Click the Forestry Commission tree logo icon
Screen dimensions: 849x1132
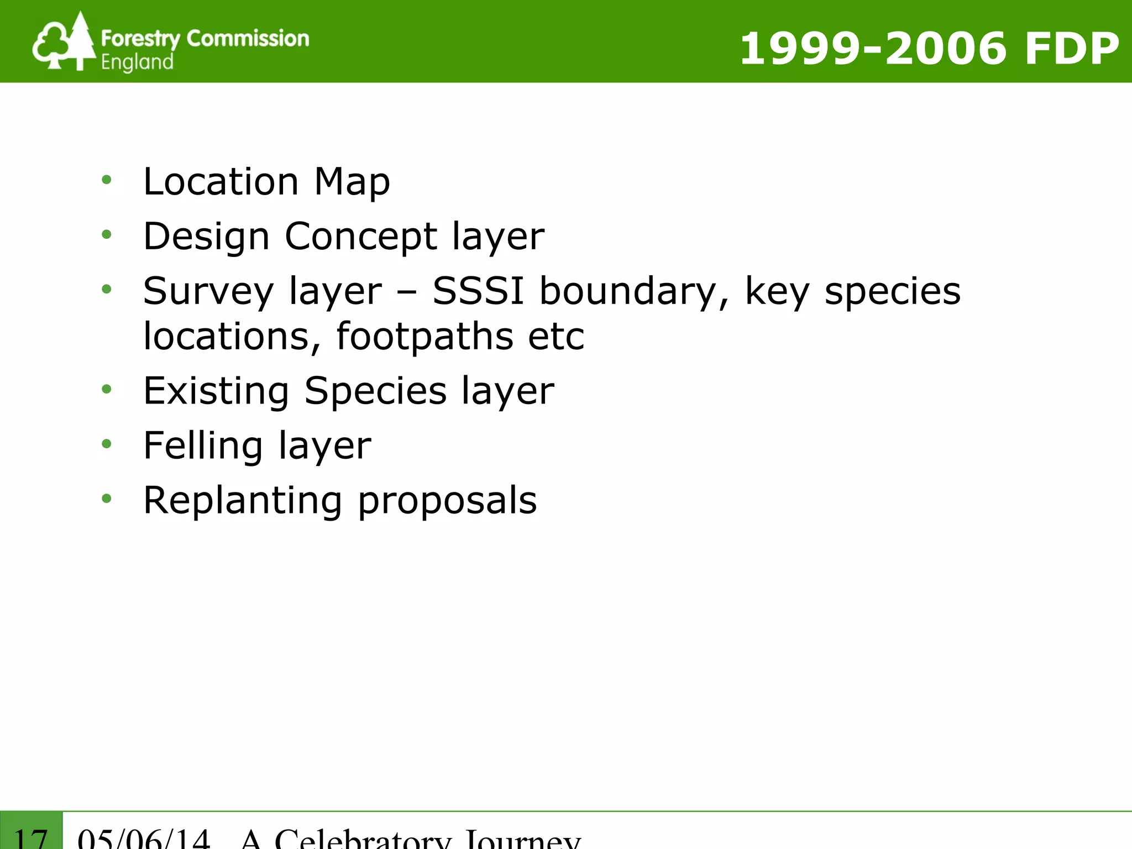63,42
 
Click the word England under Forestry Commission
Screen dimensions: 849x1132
137,62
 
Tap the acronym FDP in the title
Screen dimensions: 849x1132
1072,49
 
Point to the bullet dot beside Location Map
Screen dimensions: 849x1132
107,180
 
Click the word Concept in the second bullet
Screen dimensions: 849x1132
361,236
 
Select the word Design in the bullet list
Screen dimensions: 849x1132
206,237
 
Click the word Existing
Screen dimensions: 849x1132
216,391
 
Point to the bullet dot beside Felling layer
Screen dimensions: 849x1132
107,444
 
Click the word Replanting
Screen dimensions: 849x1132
243,501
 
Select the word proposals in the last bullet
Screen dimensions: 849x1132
447,501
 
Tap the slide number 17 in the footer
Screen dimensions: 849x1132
31,837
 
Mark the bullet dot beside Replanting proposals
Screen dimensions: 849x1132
107,499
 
